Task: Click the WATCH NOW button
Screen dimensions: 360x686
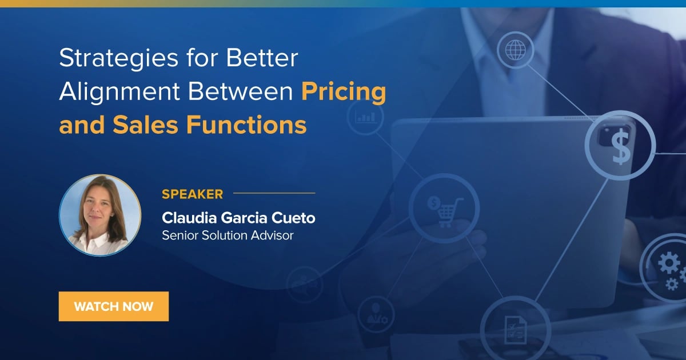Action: coord(114,306)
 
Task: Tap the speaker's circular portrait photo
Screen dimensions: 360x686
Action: coord(100,215)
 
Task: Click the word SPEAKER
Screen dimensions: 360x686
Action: coord(192,194)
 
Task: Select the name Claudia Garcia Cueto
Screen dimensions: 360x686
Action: coord(238,218)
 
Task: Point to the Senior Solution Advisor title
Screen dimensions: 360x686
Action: coord(228,235)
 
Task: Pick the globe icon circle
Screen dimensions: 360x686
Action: coord(515,50)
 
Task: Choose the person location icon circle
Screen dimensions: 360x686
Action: coord(376,314)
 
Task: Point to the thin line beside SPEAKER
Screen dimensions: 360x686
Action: coord(274,194)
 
